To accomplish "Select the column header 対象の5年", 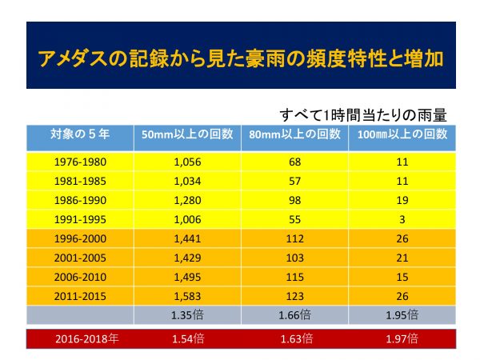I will point(78,134).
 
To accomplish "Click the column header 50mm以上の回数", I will point(186,134).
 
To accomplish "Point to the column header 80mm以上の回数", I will point(294,134).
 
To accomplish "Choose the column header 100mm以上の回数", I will point(402,134).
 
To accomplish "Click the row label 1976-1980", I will point(78,162).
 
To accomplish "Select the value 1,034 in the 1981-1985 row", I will point(186,180).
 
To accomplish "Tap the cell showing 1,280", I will point(186,198).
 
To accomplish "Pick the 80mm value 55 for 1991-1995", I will point(294,217).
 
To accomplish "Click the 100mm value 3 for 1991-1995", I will point(402,217).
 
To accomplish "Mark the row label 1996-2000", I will point(78,238).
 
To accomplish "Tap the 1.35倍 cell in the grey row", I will point(186,314).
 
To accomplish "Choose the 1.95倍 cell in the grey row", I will point(402,314).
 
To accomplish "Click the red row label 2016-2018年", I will point(78,339).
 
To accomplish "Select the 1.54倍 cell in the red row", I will point(186,339).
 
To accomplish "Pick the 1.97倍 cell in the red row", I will point(402,339).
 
